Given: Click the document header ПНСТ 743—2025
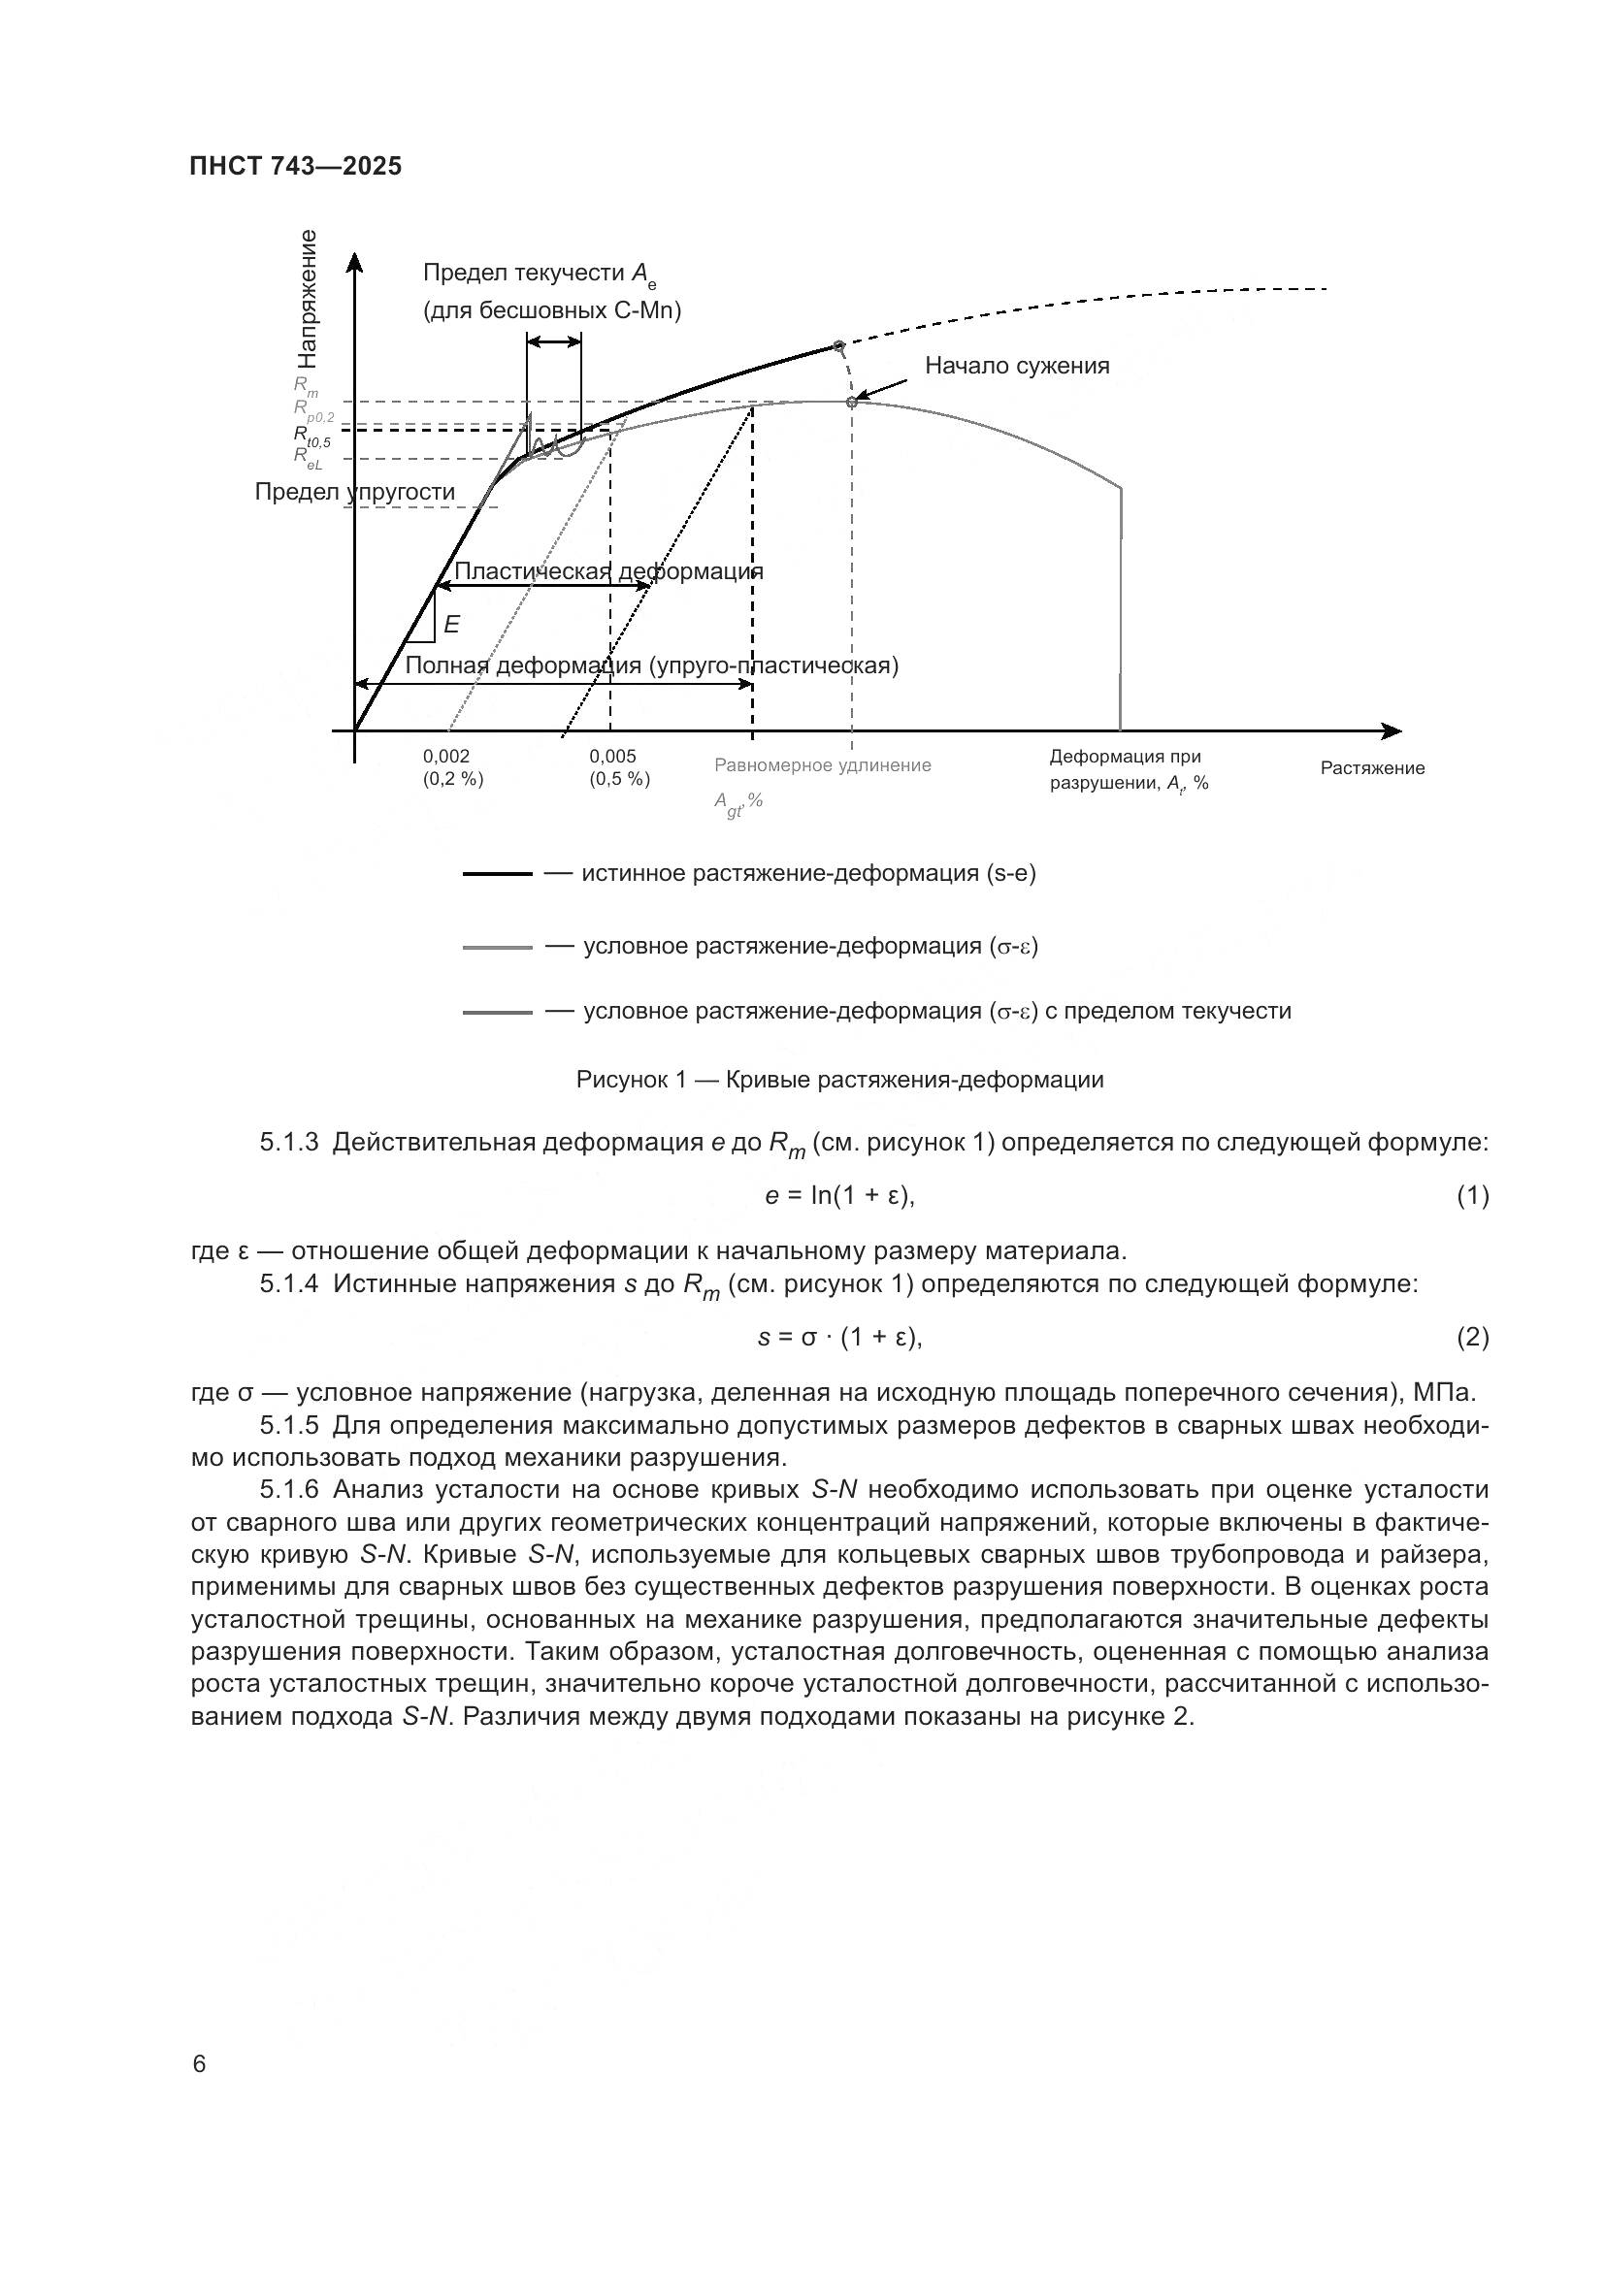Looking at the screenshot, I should coord(296,166).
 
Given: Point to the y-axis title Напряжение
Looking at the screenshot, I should coord(308,300).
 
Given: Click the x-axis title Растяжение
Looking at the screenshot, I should coord(1372,769).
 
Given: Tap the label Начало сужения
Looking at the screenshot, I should coord(1017,367).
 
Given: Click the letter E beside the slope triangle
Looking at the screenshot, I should coord(451,625).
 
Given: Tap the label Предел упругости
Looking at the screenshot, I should coord(355,492).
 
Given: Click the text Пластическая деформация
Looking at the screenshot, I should coord(607,571).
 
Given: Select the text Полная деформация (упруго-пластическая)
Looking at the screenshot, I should coord(651,666).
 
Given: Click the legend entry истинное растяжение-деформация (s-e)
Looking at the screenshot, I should coord(808,874).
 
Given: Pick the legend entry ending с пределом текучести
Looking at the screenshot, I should coord(937,1011).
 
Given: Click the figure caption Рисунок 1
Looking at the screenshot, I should coord(839,1080).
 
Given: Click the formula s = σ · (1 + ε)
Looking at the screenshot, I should coord(839,1338).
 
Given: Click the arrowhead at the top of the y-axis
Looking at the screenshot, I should coord(355,262).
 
